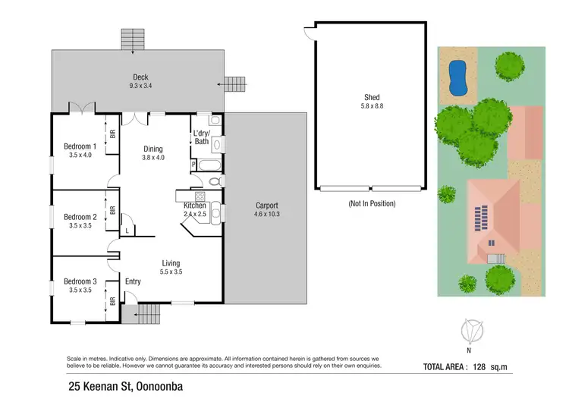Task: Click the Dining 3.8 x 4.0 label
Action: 153,153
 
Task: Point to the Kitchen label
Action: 195,206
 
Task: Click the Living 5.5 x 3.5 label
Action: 171,267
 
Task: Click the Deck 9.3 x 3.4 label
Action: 140,81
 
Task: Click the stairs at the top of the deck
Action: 134,39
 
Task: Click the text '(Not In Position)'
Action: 373,203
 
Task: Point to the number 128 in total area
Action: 500,367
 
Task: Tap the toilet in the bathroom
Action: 215,181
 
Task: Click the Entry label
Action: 133,282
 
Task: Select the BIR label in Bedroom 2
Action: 112,211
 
